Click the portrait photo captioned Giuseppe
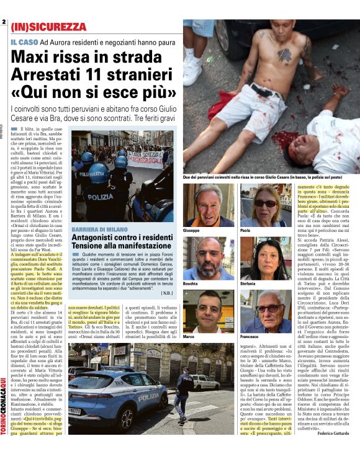[209, 205]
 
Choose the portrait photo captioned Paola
[260, 205]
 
